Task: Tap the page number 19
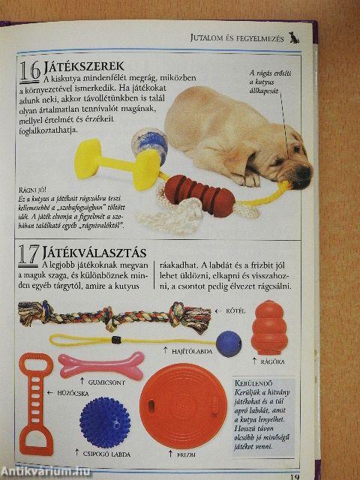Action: (x=295, y=474)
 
